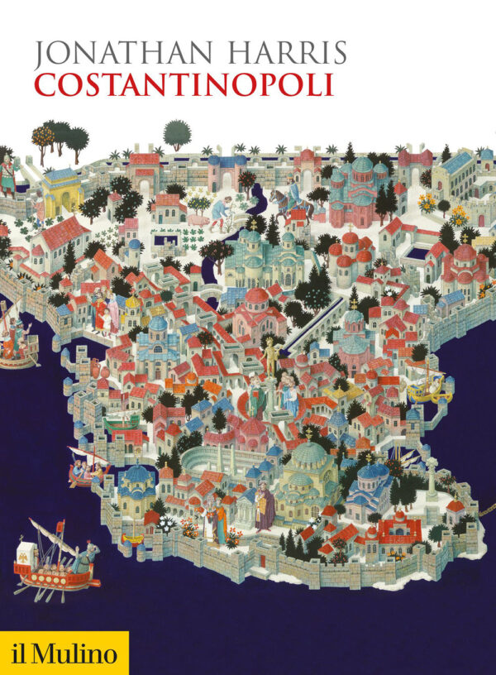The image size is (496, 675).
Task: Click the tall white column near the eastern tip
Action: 430,479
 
